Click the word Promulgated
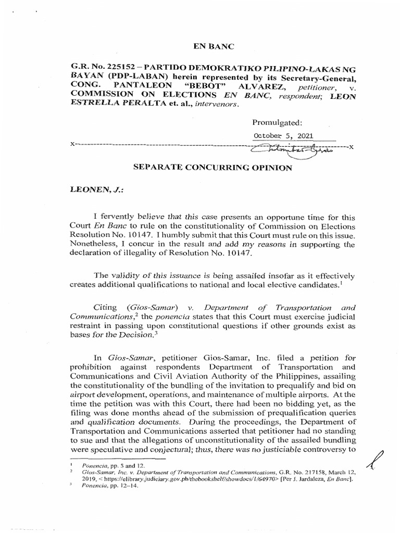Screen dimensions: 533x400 coord(277,123)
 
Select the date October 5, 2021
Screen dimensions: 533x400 coord(283,136)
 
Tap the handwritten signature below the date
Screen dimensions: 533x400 coord(294,148)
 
